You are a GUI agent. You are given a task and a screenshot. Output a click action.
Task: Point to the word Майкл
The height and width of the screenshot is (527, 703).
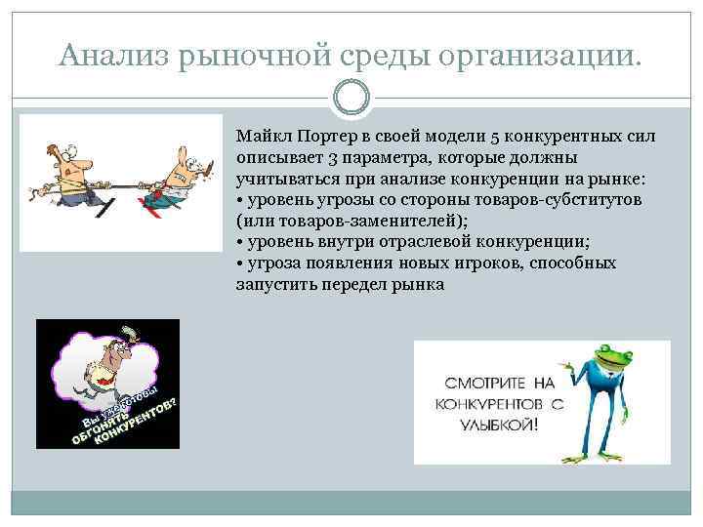257,137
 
